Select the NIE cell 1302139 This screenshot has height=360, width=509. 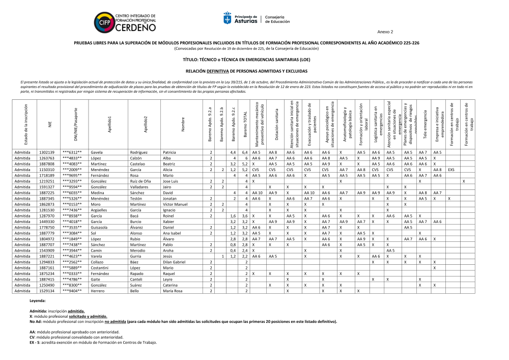coord(47,152)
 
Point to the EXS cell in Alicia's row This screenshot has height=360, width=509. coord(451,170)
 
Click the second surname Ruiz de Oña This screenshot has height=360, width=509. coord(140,181)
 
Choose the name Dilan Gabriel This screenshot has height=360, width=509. coord(174,262)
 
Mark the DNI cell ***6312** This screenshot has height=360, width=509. coord(72,152)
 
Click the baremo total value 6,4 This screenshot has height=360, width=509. coord(245,152)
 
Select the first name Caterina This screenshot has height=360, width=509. coord(171,285)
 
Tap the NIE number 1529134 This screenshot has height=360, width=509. coord(47,291)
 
